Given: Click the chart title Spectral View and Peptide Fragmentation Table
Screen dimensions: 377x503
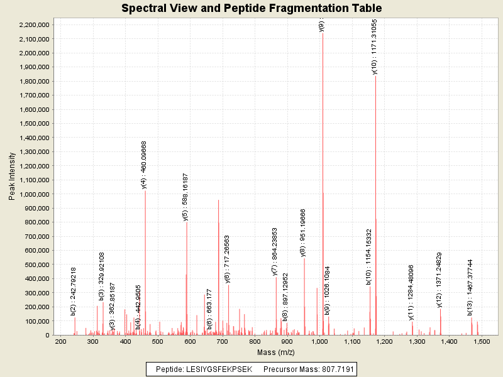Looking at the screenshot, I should click(x=251, y=8).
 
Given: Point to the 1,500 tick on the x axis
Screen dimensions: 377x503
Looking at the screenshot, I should click(x=481, y=341).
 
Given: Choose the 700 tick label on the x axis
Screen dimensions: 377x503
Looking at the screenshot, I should click(x=223, y=341).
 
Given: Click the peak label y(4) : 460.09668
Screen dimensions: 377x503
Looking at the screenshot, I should click(x=144, y=165).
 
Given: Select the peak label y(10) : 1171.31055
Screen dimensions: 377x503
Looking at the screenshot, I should click(x=375, y=48).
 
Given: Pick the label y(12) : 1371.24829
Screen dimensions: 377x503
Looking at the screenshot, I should click(x=439, y=280).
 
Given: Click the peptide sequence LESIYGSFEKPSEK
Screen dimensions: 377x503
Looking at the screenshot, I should click(x=223, y=369).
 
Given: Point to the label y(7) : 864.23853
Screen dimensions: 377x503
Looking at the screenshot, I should click(x=275, y=251).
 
